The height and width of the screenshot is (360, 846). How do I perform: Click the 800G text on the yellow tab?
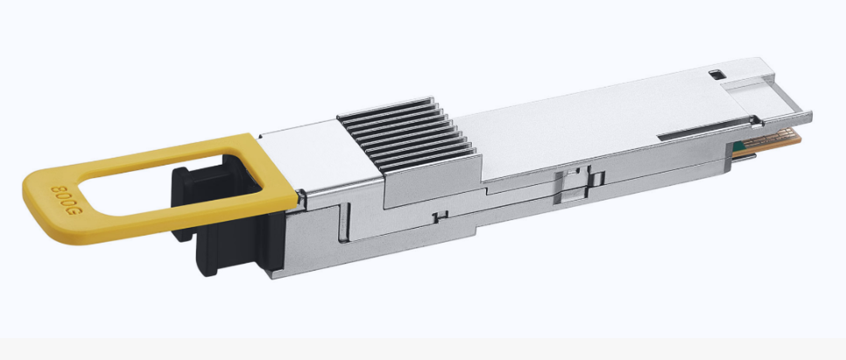tap(66, 201)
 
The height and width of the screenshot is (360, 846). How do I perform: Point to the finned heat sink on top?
tap(408, 135)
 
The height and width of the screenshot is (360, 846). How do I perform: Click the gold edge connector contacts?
tap(772, 140)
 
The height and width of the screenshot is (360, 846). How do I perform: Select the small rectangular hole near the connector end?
tap(717, 74)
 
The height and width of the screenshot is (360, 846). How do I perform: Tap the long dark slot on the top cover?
tap(704, 130)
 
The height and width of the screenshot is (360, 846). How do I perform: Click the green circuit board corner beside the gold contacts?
tap(736, 147)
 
